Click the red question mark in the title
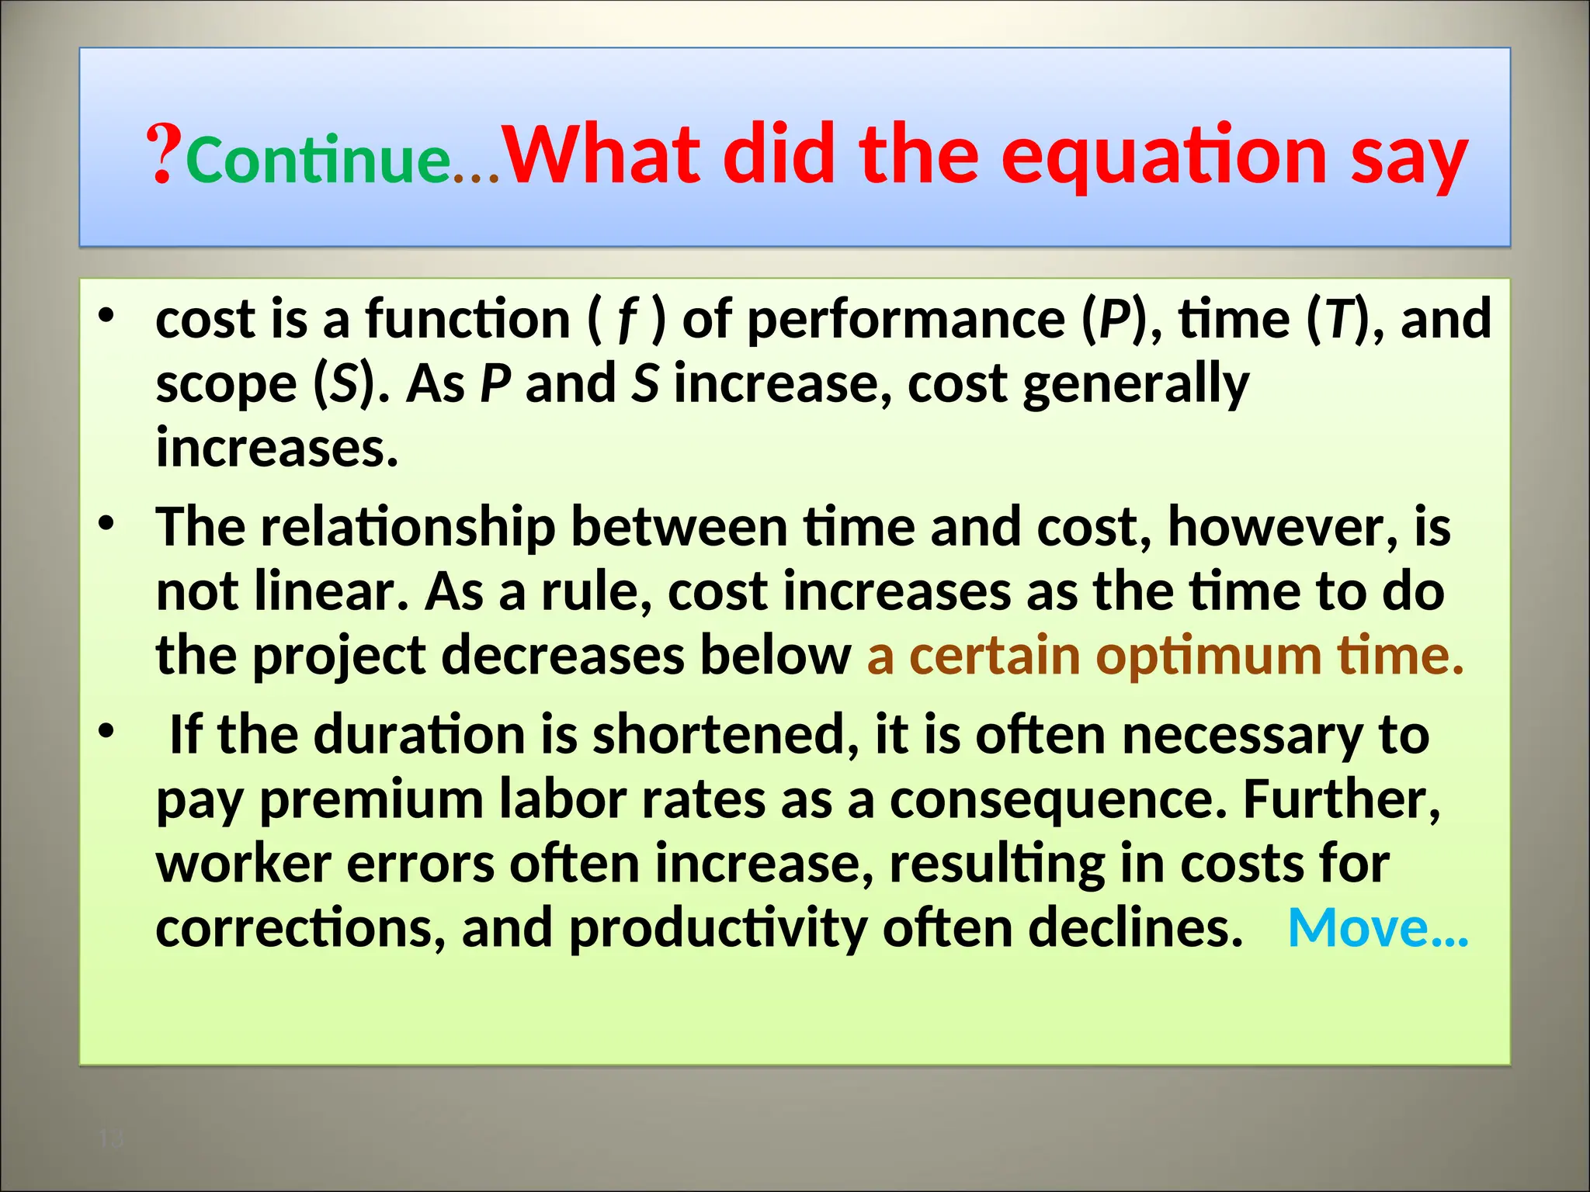(164, 156)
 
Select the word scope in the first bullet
(226, 385)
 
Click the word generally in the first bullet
(1135, 385)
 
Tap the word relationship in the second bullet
(408, 528)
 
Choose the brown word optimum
(1208, 656)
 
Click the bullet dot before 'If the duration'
(106, 731)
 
